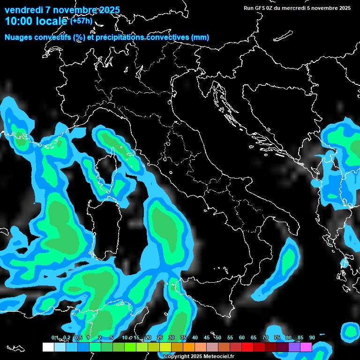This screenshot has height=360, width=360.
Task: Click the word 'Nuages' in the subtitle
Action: (19, 37)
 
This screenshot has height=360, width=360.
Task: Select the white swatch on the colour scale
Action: (48, 347)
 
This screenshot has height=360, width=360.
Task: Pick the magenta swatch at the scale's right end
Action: (306, 347)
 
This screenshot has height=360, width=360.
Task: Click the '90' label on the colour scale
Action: (312, 337)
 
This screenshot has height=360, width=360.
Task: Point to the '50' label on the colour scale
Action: (218, 337)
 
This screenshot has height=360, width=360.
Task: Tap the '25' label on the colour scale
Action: (160, 337)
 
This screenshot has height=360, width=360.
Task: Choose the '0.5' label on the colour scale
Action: (78, 337)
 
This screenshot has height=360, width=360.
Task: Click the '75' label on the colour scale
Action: (277, 337)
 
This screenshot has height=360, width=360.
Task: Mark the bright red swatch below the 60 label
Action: (247, 347)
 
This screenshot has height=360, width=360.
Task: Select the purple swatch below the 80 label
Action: (294, 347)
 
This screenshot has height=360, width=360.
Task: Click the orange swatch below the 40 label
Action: (189, 347)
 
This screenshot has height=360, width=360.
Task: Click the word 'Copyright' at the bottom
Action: (176, 357)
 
